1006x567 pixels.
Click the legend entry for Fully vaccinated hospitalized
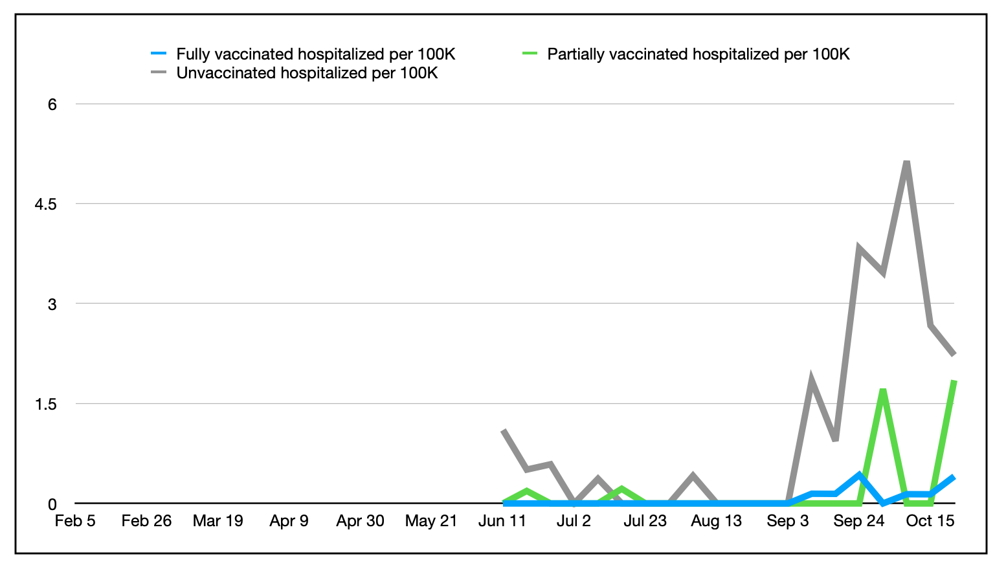(x=315, y=54)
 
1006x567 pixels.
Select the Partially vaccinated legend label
(x=698, y=54)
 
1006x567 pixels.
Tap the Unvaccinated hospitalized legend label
(x=307, y=73)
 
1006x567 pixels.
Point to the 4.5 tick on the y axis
(x=45, y=204)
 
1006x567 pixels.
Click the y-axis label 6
(x=52, y=104)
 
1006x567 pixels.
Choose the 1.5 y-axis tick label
(x=45, y=404)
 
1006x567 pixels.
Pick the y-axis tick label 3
(x=52, y=304)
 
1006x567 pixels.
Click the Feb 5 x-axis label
(x=75, y=521)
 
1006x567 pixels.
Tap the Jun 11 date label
(x=502, y=521)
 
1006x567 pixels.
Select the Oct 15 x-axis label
(x=930, y=521)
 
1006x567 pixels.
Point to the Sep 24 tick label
(x=858, y=521)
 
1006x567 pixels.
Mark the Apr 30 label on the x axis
(x=360, y=521)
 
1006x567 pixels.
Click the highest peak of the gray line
(x=906, y=162)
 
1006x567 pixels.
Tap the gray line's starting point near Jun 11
(x=504, y=430)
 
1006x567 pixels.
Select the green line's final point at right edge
(x=954, y=381)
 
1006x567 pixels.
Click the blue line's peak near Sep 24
(x=859, y=475)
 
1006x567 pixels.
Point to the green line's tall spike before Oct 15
(x=882, y=390)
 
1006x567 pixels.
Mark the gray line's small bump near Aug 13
(x=693, y=476)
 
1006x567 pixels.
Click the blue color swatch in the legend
(x=159, y=54)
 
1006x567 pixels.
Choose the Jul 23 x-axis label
(x=645, y=521)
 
